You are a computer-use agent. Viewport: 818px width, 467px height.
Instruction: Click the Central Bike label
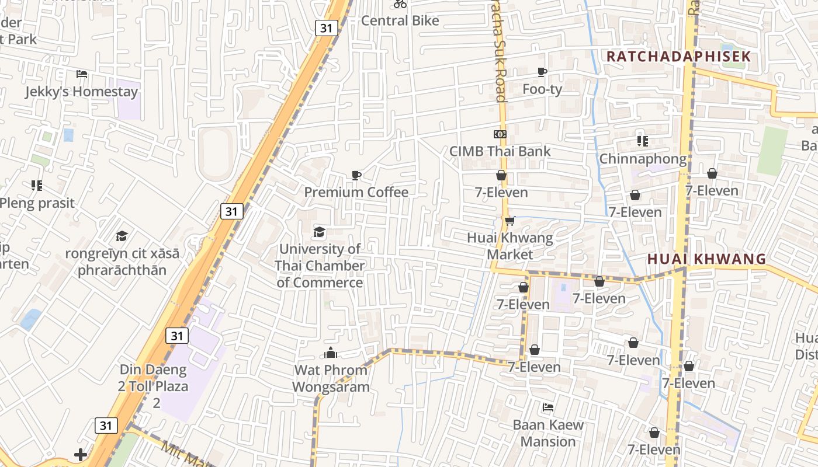[x=400, y=20]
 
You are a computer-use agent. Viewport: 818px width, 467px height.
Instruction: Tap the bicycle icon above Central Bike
[x=400, y=4]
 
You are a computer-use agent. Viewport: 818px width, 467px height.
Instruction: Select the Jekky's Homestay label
[x=81, y=92]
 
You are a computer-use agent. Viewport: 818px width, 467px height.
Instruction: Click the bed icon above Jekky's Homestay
[x=82, y=74]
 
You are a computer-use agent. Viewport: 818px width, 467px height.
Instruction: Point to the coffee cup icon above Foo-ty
[x=542, y=72]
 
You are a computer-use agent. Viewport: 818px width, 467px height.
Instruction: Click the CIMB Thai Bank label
[x=500, y=151]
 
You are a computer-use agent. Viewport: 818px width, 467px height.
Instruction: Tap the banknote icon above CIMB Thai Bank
[x=500, y=134]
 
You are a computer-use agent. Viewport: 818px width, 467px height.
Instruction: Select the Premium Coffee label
[x=356, y=192]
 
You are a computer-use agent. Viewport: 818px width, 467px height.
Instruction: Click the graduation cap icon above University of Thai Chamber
[x=319, y=232]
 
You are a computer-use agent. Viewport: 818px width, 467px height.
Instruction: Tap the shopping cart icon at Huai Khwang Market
[x=510, y=221]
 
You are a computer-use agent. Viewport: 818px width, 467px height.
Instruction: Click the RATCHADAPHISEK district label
[x=678, y=57]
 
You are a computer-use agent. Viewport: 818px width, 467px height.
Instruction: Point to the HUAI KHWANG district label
[x=706, y=259]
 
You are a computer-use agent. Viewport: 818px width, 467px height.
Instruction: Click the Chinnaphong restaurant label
[x=643, y=159]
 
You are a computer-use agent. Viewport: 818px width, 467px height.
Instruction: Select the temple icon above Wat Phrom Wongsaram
[x=331, y=353]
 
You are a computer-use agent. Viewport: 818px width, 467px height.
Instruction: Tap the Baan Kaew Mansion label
[x=548, y=433]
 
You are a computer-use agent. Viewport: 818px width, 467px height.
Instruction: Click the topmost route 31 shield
[x=327, y=27]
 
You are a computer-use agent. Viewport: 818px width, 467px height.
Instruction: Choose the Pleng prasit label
[x=37, y=203]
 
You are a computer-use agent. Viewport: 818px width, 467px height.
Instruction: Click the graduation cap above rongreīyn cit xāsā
[x=122, y=236]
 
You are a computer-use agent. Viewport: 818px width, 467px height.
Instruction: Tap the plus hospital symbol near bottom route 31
[x=81, y=454]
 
